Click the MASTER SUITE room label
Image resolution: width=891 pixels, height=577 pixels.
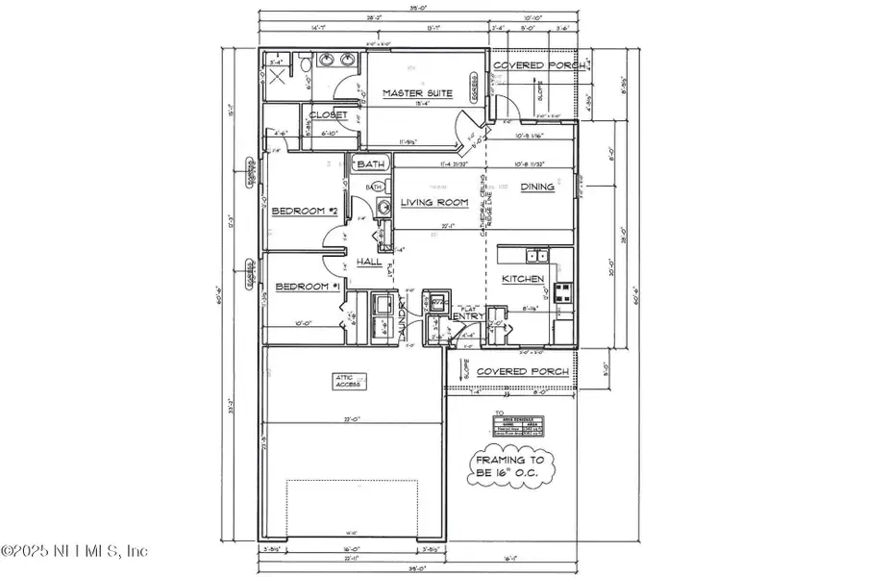click(x=418, y=93)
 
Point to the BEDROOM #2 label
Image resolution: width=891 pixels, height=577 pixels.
click(x=304, y=212)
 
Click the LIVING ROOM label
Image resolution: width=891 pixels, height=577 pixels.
click(x=434, y=203)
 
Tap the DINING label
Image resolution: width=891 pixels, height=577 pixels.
click(x=537, y=187)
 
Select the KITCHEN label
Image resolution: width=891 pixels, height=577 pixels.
click(x=524, y=279)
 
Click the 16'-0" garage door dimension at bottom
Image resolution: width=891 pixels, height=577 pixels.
click(x=352, y=550)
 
